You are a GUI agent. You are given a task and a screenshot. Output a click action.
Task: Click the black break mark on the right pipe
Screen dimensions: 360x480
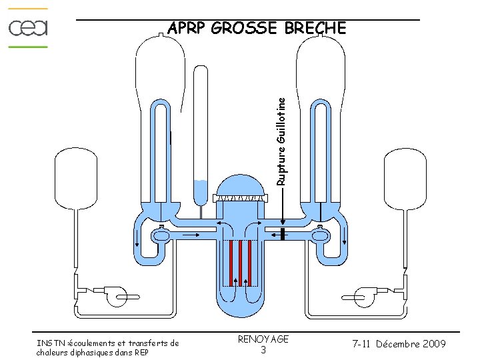(283, 234)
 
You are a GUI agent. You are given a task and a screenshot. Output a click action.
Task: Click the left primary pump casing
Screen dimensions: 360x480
(160, 235)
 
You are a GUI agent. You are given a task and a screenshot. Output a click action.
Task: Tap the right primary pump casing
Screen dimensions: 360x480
(319, 235)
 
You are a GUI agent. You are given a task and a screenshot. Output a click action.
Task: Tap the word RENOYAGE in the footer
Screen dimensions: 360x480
(263, 339)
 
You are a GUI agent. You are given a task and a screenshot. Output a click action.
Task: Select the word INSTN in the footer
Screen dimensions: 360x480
(49, 343)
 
